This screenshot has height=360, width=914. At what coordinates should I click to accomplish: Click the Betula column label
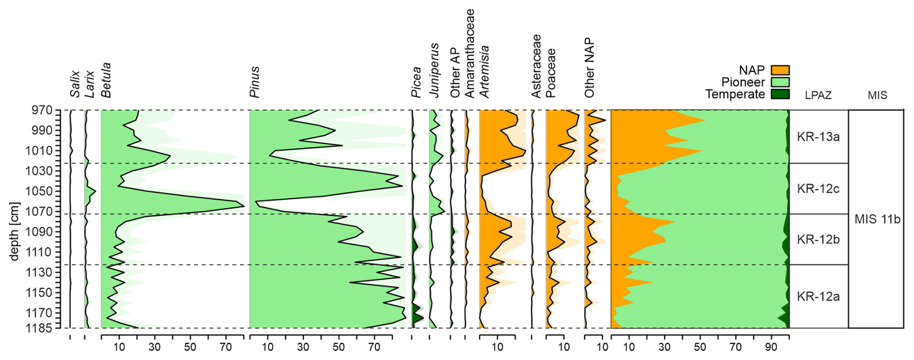click(x=106, y=80)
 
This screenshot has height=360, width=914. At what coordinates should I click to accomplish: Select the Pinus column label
click(x=255, y=82)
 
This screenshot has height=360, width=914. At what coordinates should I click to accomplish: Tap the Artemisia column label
click(x=484, y=72)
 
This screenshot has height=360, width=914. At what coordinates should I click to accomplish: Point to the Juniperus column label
click(x=434, y=71)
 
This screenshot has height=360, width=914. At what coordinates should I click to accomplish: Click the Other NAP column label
click(x=589, y=68)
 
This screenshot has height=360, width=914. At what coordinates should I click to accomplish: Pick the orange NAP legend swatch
click(x=780, y=71)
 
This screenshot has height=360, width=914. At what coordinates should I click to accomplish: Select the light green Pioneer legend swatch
click(x=780, y=82)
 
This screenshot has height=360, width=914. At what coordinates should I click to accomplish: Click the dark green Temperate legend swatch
click(x=780, y=94)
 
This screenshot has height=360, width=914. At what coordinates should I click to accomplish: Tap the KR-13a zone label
click(x=818, y=137)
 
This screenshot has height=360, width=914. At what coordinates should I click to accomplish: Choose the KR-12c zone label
click(x=818, y=188)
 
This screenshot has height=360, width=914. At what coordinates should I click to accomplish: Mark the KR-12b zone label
click(x=818, y=239)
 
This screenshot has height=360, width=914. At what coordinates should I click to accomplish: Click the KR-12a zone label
click(x=818, y=296)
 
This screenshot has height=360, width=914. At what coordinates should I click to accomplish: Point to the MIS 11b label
click(x=877, y=219)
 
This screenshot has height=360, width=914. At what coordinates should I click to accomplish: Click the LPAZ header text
click(x=818, y=95)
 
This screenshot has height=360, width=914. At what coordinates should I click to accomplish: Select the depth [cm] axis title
click(x=14, y=231)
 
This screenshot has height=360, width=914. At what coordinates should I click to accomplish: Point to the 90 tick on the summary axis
click(x=771, y=347)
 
